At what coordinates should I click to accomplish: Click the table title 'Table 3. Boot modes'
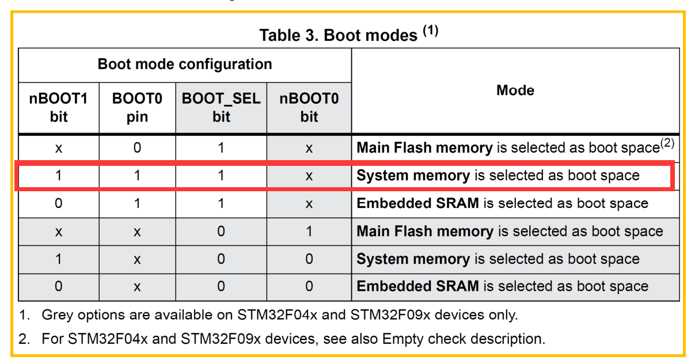pyautogui.click(x=338, y=35)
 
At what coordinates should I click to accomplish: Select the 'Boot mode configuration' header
pyautogui.click(x=185, y=64)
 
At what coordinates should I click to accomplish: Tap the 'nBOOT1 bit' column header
pyautogui.click(x=59, y=108)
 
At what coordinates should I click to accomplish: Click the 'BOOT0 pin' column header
pyautogui.click(x=137, y=108)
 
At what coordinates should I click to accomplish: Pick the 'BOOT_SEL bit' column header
pyautogui.click(x=221, y=108)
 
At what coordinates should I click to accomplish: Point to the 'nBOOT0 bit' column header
pyautogui.click(x=309, y=108)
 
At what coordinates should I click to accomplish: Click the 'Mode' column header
pyautogui.click(x=515, y=90)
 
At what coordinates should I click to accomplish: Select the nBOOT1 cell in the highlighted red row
pyautogui.click(x=59, y=176)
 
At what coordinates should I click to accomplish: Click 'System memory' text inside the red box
pyautogui.click(x=413, y=176)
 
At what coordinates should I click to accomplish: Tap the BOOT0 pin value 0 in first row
pyautogui.click(x=137, y=148)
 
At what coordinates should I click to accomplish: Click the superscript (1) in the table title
pyautogui.click(x=431, y=31)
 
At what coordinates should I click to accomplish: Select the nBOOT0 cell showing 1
pyautogui.click(x=309, y=232)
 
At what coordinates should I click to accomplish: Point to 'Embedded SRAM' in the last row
pyautogui.click(x=417, y=286)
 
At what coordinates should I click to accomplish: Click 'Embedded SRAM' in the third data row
pyautogui.click(x=417, y=203)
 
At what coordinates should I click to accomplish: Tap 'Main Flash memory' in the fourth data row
pyautogui.click(x=424, y=232)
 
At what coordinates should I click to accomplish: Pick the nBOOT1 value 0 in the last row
pyautogui.click(x=59, y=286)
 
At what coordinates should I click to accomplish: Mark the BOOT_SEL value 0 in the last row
pyautogui.click(x=221, y=286)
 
